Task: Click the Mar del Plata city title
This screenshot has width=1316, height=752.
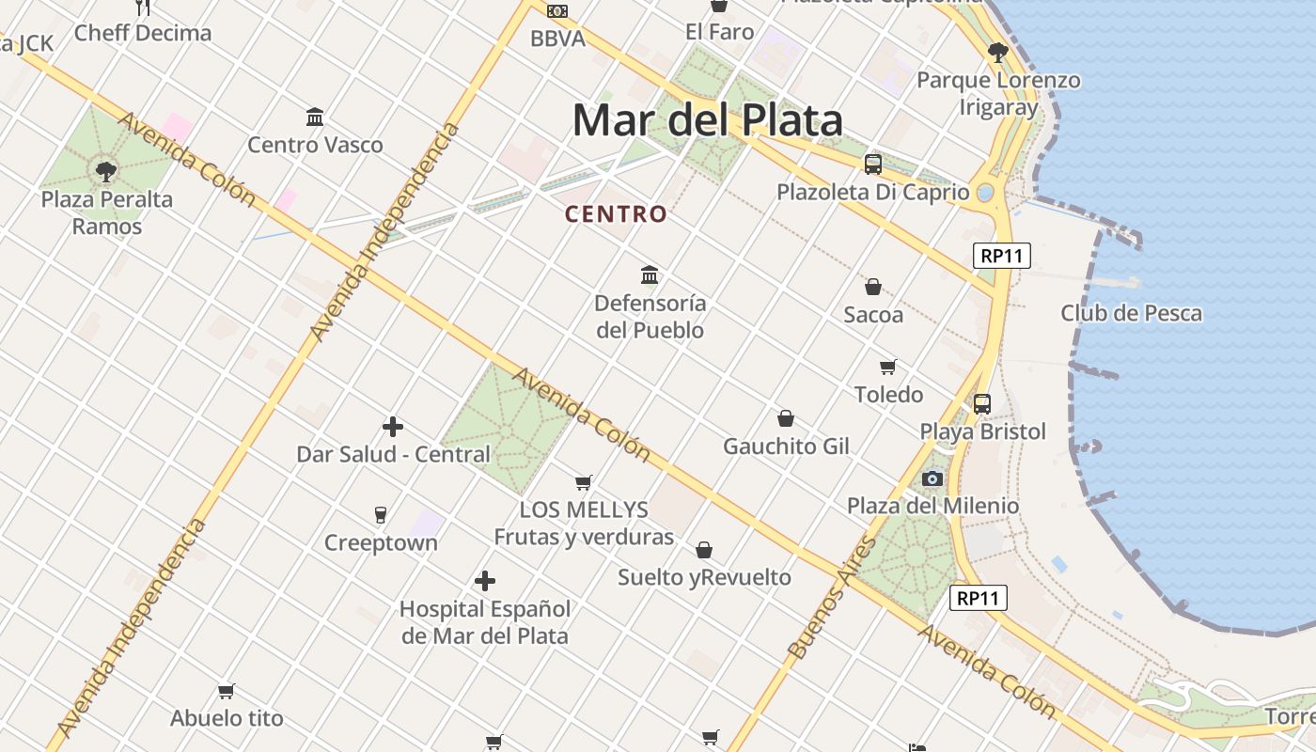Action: pos(707,120)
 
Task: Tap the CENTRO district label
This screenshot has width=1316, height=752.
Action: pos(616,214)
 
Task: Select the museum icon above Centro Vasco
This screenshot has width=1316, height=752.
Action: pos(315,117)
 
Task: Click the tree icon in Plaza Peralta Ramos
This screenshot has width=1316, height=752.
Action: pos(106,172)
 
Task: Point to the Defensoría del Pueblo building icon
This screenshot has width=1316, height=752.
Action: pos(650,275)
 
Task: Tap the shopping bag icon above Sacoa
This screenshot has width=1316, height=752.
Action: pos(873,287)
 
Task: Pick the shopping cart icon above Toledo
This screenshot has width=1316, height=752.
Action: pos(888,367)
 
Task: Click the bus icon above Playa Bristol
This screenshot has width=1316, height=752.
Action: pos(982,404)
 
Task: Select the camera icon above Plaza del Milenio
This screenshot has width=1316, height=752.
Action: pos(932,478)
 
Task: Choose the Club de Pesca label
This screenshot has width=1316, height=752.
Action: pos(1131,313)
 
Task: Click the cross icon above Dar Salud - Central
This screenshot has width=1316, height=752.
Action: pos(393,428)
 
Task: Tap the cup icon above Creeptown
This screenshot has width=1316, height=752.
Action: pos(381,515)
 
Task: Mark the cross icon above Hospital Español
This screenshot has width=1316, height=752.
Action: pos(485,581)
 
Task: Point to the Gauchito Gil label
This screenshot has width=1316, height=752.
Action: pos(786,446)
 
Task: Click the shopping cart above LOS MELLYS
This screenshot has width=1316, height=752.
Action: pos(584,483)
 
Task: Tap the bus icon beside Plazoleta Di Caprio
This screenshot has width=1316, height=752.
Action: pos(873,164)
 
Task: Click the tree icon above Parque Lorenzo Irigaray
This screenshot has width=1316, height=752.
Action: pos(998,53)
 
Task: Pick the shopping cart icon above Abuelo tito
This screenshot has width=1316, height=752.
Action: pos(227,692)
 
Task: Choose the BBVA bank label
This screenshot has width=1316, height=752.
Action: pos(557,39)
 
